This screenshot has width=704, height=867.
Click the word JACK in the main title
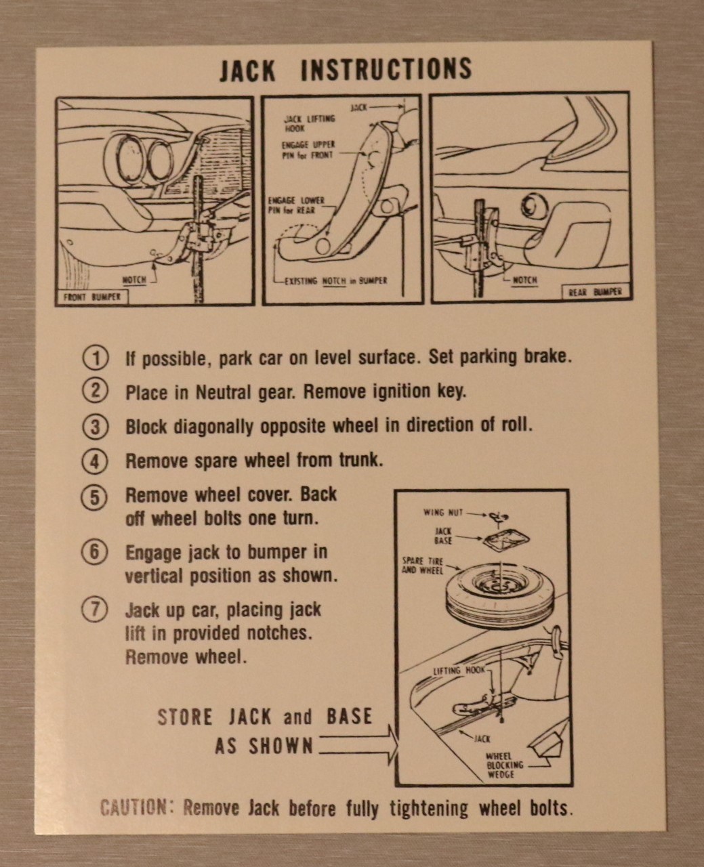pos(247,70)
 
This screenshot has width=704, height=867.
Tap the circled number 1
pos(96,359)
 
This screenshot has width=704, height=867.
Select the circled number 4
pos(95,462)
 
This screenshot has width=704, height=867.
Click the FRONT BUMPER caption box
pos(92,297)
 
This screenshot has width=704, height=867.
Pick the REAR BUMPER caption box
pos(596,291)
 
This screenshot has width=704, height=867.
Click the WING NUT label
pos(443,513)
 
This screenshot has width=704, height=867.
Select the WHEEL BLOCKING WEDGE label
pos(505,765)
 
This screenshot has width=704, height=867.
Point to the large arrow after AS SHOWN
pos(358,746)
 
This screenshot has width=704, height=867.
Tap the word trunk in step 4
pos(361,461)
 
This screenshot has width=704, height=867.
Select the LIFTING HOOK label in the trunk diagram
pos(459,671)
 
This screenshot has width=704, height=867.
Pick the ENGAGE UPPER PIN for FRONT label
pos(308,150)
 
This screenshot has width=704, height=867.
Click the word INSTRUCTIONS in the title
pos(386,68)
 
